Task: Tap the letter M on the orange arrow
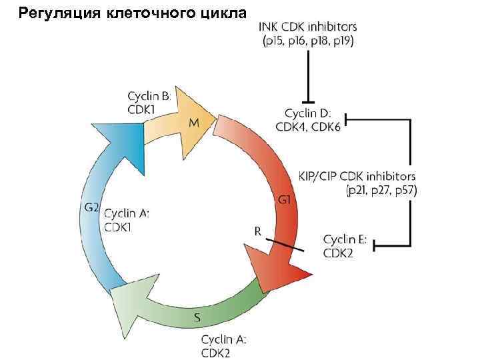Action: [x=193, y=123]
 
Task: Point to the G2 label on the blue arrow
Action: [x=91, y=207]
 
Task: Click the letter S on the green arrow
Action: [x=198, y=317]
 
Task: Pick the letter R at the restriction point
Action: [x=258, y=230]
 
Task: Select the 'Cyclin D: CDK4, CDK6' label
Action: [x=312, y=120]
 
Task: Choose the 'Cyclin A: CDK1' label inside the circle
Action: [x=127, y=219]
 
